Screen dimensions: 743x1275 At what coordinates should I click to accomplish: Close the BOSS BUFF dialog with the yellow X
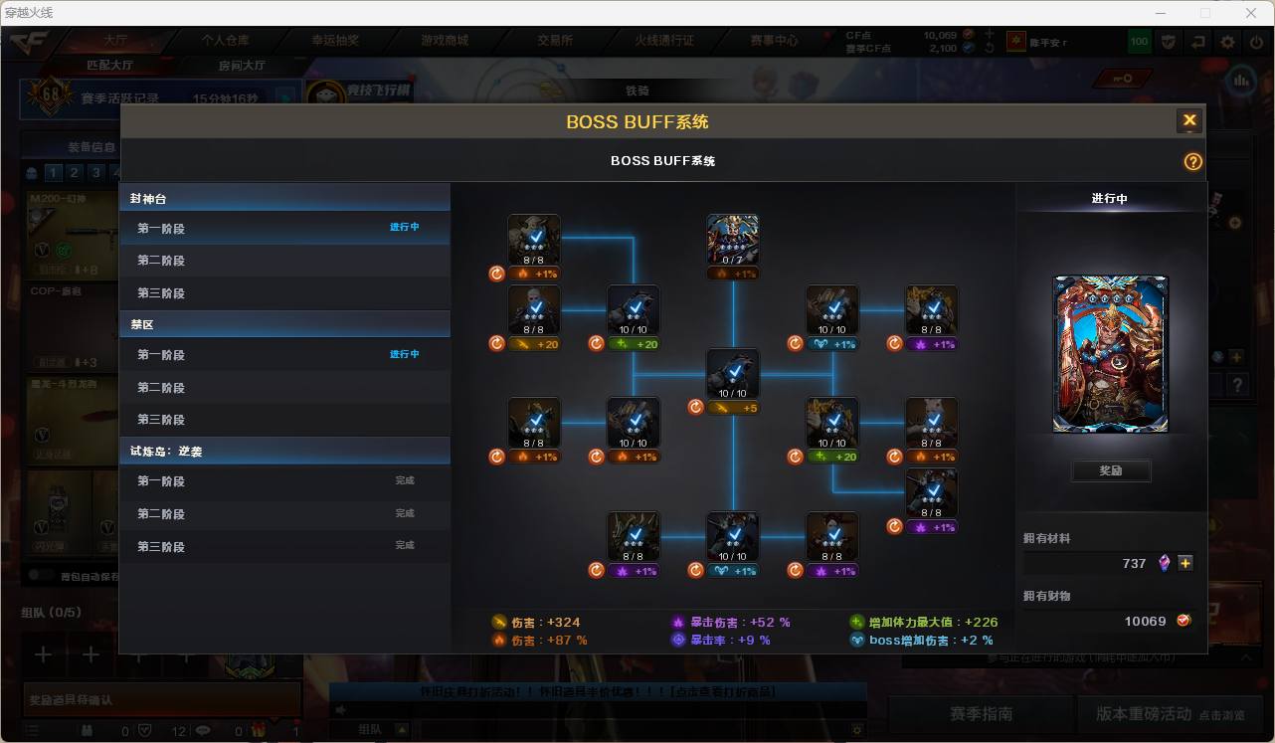tap(1188, 121)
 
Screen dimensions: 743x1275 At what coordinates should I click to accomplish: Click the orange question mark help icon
tap(1192, 161)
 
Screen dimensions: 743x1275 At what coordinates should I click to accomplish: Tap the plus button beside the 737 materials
tap(1185, 563)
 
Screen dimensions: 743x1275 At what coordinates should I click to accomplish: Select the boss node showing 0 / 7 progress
tap(733, 240)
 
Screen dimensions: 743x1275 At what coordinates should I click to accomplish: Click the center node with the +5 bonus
tap(733, 374)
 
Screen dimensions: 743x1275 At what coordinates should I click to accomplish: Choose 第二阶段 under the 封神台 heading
tap(161, 261)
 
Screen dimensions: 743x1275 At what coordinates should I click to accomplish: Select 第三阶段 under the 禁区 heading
tap(161, 420)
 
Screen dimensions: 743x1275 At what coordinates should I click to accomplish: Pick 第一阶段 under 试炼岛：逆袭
tap(161, 481)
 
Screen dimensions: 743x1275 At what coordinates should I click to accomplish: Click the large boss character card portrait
tap(1111, 354)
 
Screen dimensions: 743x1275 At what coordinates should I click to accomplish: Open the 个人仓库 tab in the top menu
tap(226, 41)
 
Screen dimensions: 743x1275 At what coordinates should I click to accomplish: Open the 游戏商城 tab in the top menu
tap(445, 41)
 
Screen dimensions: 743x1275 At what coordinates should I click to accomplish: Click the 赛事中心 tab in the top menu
tap(774, 41)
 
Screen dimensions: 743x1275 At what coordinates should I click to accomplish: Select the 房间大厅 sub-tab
tap(242, 66)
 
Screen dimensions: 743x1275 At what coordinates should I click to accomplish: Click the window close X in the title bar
tap(1251, 13)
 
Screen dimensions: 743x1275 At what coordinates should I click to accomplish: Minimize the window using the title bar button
tap(1161, 13)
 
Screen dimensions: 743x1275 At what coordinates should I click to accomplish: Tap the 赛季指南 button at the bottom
tap(981, 714)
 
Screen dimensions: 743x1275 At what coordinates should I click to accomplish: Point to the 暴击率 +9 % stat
tap(730, 641)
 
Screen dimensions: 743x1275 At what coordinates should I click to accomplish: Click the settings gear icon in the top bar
tap(1227, 42)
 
